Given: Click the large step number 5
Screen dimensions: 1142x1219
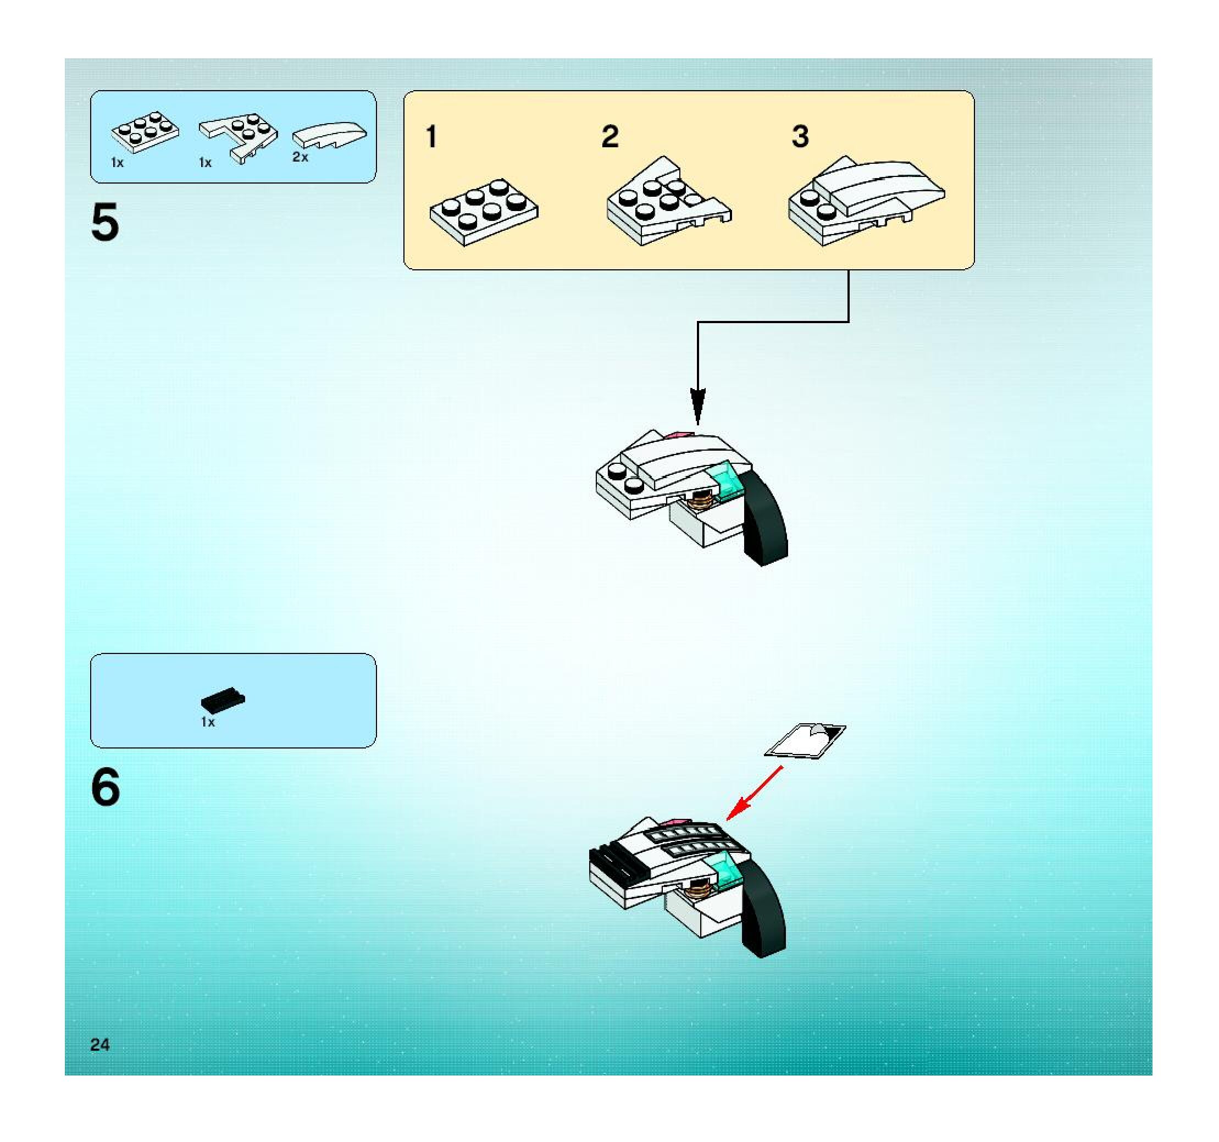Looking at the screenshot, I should point(105,223).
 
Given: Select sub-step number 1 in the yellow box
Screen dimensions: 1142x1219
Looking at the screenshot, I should point(431,137).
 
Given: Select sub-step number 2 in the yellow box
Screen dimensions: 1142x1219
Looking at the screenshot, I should point(609,137).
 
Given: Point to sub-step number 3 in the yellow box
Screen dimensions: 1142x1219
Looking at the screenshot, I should point(800,137).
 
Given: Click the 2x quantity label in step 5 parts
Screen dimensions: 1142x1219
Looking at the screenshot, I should point(300,158).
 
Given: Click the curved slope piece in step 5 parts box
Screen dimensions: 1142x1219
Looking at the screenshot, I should point(329,134).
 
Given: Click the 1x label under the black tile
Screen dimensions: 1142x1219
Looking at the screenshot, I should point(208,723).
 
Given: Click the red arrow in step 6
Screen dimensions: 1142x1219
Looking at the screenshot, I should point(753,792).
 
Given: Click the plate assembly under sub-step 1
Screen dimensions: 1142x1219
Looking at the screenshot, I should point(484,212).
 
